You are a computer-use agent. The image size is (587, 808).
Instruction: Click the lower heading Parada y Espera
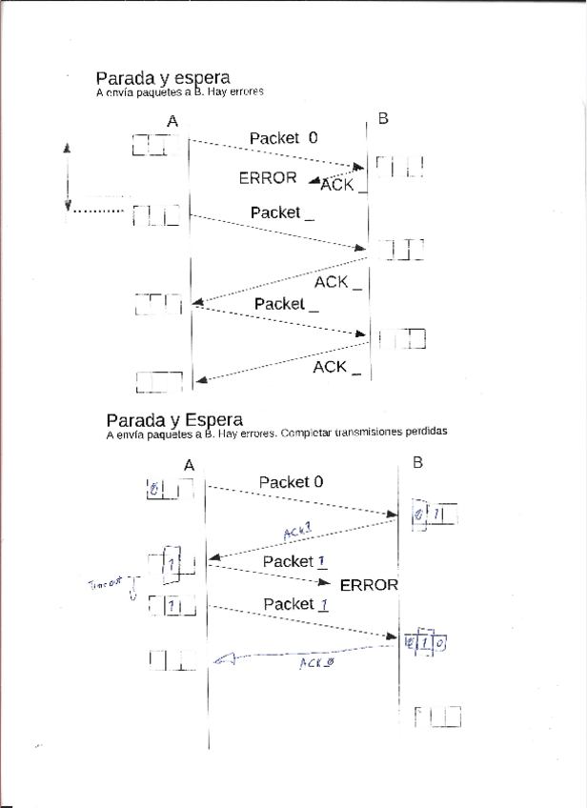coord(174,419)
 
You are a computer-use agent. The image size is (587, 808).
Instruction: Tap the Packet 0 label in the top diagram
coord(283,138)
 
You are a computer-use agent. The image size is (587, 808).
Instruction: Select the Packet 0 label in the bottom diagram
coord(291,482)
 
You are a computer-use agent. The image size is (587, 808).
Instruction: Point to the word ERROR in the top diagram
coord(268,177)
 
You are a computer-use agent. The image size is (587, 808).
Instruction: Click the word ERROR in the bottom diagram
coord(369,585)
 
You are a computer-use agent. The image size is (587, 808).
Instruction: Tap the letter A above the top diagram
coord(172,121)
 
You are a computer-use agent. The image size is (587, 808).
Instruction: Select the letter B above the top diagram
coord(383,118)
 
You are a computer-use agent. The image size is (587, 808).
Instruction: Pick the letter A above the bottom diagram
coord(189,464)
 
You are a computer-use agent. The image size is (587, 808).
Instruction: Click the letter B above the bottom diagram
coord(417,463)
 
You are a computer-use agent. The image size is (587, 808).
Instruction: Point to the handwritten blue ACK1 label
coord(298,530)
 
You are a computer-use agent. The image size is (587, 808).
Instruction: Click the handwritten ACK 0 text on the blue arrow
coord(316,661)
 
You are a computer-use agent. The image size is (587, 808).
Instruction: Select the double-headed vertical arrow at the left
coord(68,177)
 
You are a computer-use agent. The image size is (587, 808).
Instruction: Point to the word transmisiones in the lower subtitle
coord(369,433)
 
